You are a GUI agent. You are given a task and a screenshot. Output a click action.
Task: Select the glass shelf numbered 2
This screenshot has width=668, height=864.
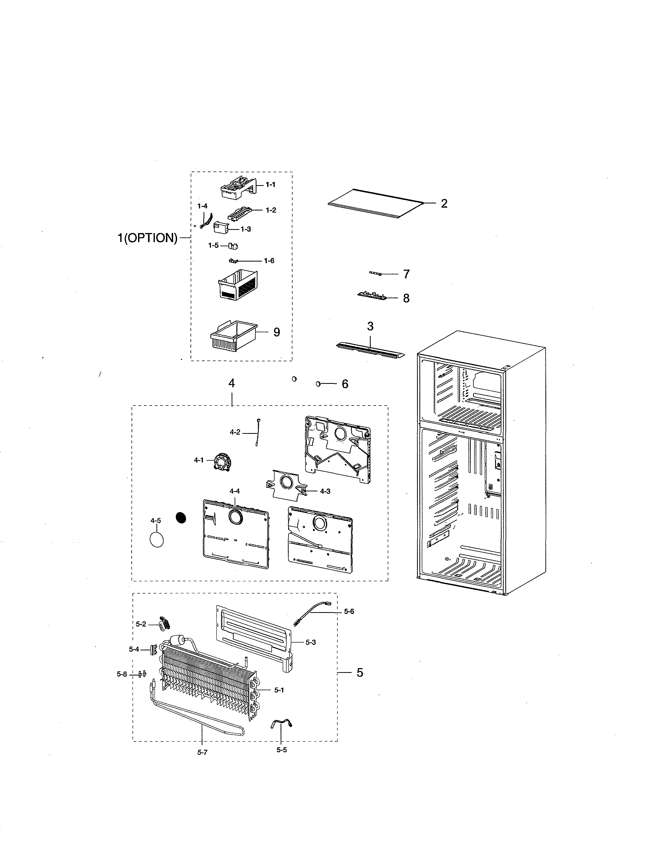374,203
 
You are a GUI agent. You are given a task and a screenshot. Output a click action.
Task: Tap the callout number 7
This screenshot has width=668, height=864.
406,274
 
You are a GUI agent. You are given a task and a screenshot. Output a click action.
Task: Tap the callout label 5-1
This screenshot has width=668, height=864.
279,690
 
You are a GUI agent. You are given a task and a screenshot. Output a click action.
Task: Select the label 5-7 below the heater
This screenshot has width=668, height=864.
202,752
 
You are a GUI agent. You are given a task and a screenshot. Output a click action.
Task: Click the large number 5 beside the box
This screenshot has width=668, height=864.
359,673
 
